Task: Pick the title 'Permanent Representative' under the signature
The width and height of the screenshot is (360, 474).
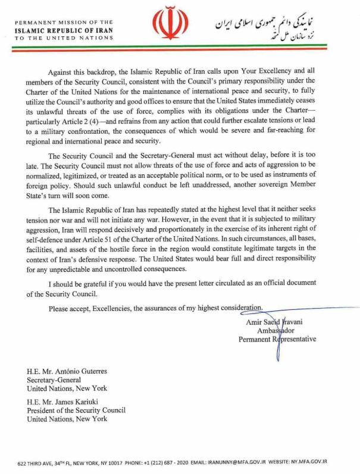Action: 278,339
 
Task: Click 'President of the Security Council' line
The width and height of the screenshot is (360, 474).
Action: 76,410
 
